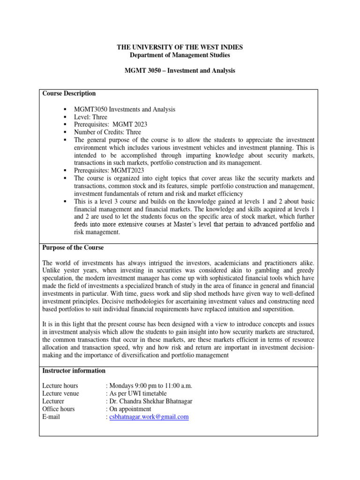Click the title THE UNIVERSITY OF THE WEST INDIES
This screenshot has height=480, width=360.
pos(180,47)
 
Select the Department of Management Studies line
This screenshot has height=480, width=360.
pos(180,55)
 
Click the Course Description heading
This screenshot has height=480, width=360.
pos(69,93)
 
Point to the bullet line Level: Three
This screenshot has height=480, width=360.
pos(90,117)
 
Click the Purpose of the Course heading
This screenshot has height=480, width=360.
pos(73,247)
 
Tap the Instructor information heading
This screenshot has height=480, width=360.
pos(74,371)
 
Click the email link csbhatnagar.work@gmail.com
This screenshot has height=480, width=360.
pos(149,417)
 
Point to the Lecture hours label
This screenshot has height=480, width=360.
pos(60,386)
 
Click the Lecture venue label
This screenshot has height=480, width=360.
pos(60,393)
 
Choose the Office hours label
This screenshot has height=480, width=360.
pos(58,409)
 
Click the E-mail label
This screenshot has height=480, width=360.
pos(51,417)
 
